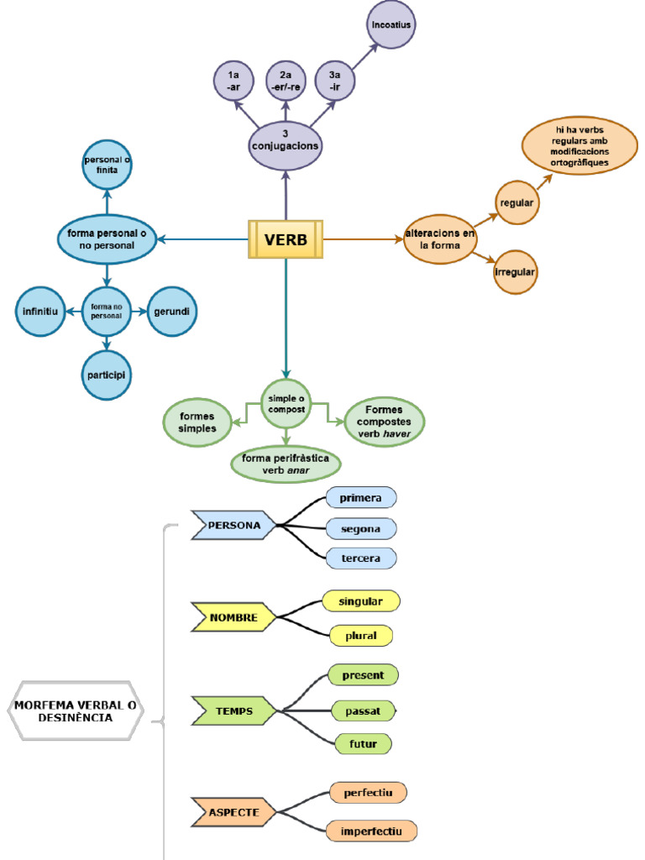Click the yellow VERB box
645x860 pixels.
tap(286, 239)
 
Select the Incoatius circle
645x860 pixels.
tap(391, 26)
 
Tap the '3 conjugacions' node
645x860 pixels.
tap(286, 139)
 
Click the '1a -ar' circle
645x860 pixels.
tap(234, 81)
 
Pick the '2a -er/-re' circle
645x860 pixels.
tap(286, 81)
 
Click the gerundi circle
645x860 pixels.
tap(172, 312)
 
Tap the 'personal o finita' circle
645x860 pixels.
tap(107, 165)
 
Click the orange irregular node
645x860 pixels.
tap(516, 272)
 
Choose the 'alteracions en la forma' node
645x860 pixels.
tap(440, 239)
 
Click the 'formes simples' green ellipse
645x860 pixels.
tap(197, 422)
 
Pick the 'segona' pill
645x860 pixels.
tap(360, 529)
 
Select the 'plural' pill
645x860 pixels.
tap(360, 636)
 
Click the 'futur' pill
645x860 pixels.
tap(363, 744)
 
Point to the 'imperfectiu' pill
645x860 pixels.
tap(371, 831)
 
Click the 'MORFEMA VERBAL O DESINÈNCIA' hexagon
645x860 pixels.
tap(75, 711)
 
